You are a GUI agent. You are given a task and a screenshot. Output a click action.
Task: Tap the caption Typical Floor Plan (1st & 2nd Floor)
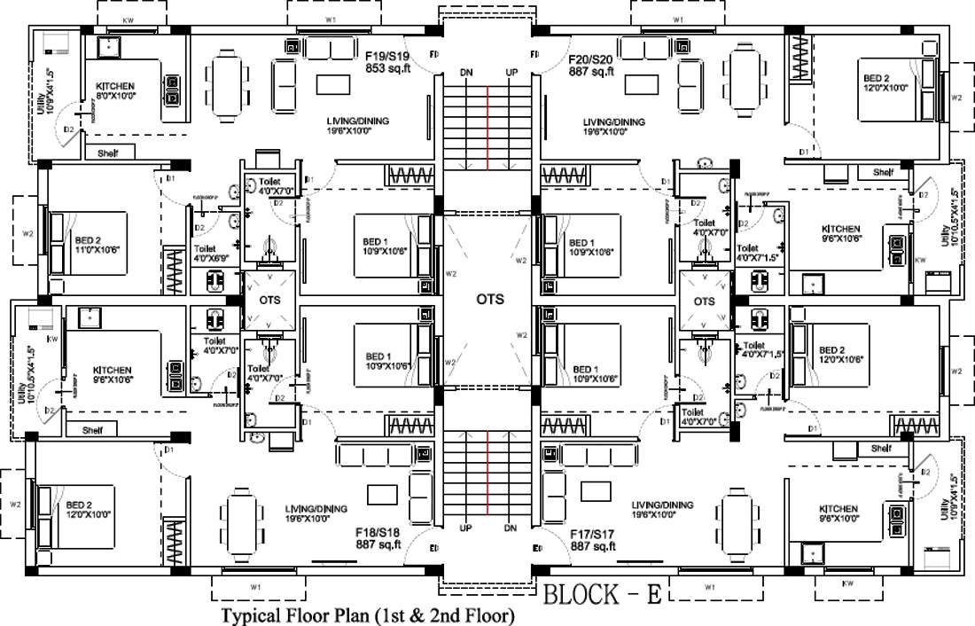[x=367, y=614]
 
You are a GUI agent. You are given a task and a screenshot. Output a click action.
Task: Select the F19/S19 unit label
[x=386, y=55]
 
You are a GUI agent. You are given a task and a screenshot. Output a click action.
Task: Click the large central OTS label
[x=489, y=300]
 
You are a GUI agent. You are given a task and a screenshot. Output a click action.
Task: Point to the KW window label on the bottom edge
[x=848, y=585]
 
